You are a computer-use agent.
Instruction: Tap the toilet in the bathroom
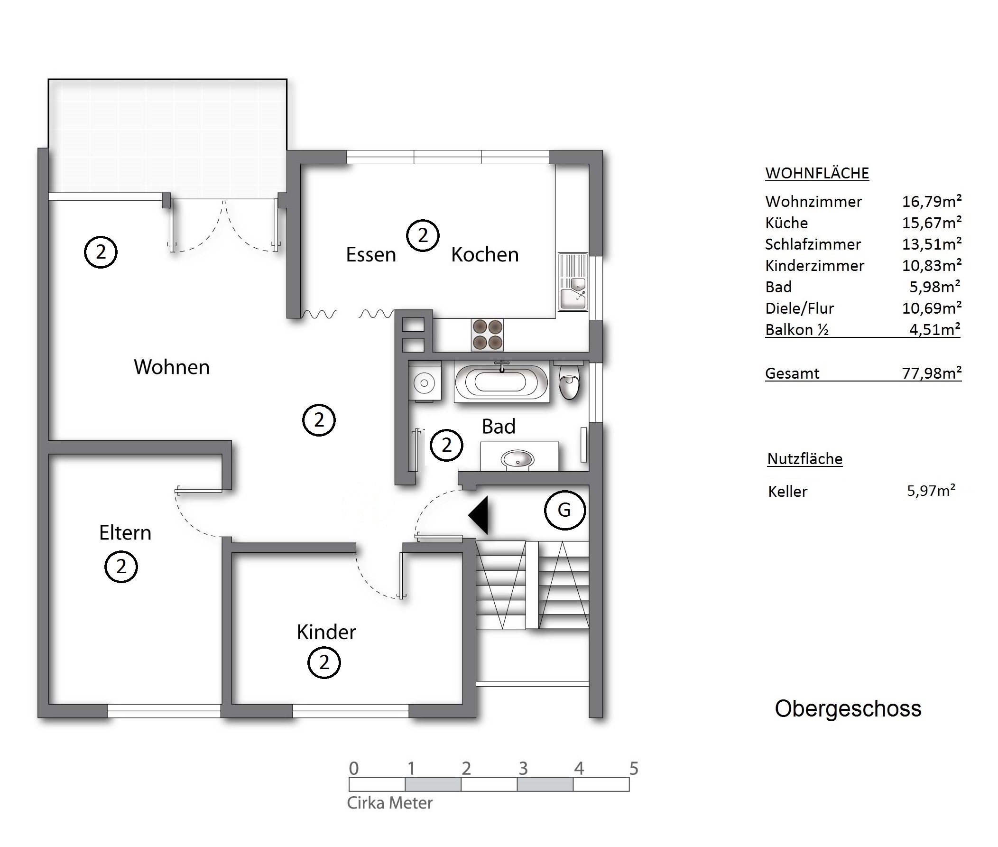pyautogui.click(x=570, y=380)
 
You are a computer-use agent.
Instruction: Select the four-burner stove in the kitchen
pyautogui.click(x=487, y=335)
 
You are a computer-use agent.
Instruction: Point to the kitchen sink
pyautogui.click(x=573, y=282)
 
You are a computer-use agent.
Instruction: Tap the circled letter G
pyautogui.click(x=565, y=510)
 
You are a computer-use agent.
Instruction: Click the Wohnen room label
pyautogui.click(x=171, y=367)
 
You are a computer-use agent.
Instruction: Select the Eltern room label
pyautogui.click(x=125, y=532)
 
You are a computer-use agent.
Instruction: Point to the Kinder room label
pyautogui.click(x=326, y=632)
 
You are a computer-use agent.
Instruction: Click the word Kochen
pyautogui.click(x=485, y=254)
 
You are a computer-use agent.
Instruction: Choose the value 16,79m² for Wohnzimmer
pyautogui.click(x=932, y=201)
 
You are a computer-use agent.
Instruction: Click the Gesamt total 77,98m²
pyautogui.click(x=932, y=372)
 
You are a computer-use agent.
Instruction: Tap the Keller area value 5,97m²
pyautogui.click(x=931, y=490)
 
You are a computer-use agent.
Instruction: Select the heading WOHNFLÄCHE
pyautogui.click(x=817, y=173)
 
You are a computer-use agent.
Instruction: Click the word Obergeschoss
pyautogui.click(x=848, y=709)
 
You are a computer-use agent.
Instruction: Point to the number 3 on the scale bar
pyautogui.click(x=523, y=768)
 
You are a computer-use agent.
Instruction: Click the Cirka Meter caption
pyautogui.click(x=390, y=803)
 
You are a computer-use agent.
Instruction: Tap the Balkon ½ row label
pyautogui.click(x=797, y=330)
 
